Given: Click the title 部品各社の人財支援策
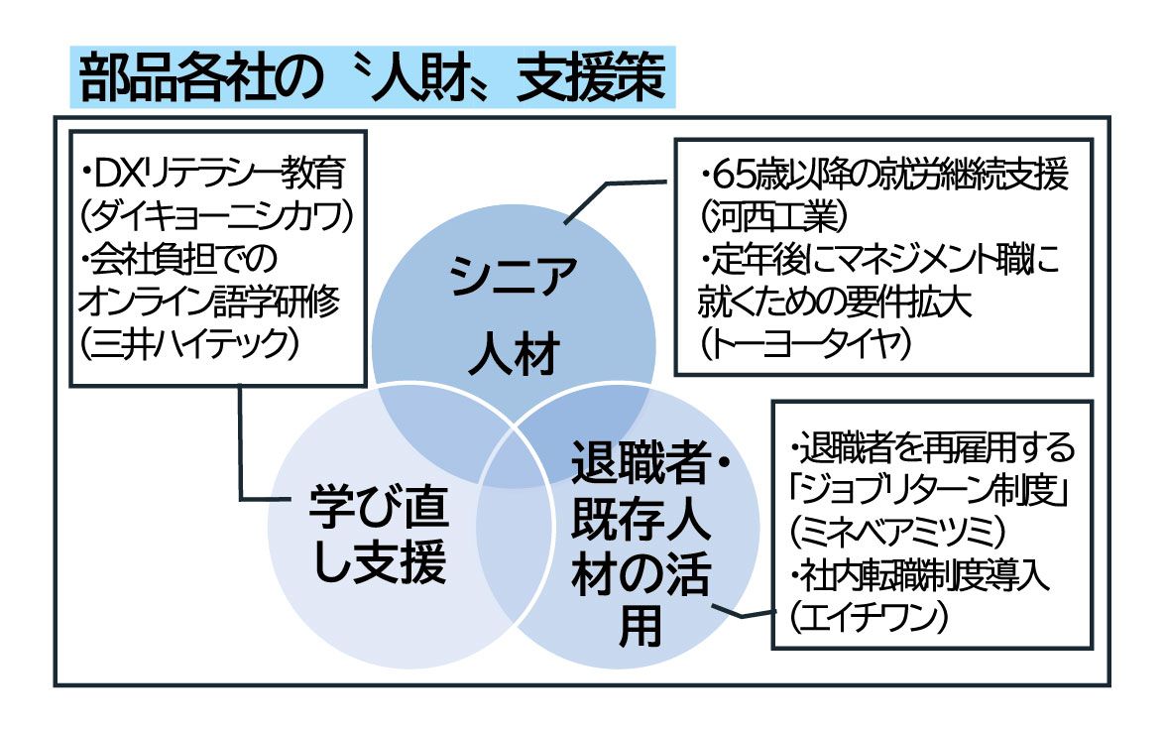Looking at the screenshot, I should click(x=371, y=78).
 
